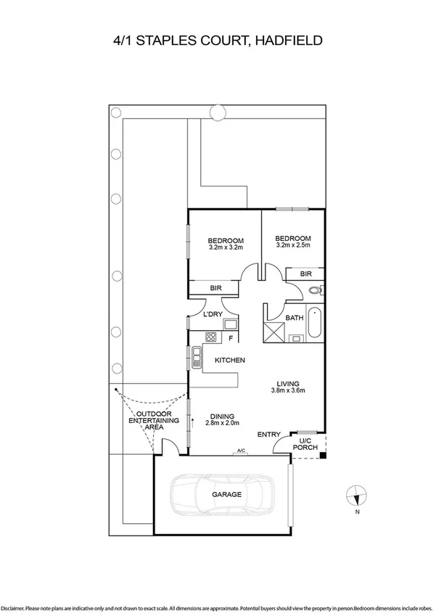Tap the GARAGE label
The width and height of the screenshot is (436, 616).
click(x=226, y=495)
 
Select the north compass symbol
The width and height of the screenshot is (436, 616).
click(x=356, y=496)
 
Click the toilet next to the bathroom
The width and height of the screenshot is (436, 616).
click(x=315, y=291)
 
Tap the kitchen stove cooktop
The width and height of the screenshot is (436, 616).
click(x=212, y=337)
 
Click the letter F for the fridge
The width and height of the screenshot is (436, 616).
click(x=231, y=338)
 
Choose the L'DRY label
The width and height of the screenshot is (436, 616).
click(x=213, y=314)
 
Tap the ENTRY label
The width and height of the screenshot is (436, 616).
click(x=269, y=435)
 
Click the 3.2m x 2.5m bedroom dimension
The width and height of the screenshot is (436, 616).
click(x=293, y=245)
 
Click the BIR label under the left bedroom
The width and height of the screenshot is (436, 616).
click(x=215, y=288)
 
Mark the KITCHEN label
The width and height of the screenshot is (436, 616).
click(x=229, y=360)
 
